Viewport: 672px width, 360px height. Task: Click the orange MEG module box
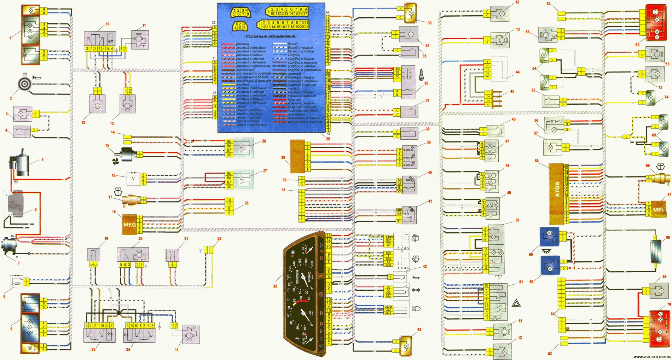click(127, 224)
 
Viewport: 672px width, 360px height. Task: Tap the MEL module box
click(659, 209)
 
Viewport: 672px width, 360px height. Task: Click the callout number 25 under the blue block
click(328, 139)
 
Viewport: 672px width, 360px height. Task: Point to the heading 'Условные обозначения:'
click(271, 36)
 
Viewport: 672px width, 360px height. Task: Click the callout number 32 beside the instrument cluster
click(275, 286)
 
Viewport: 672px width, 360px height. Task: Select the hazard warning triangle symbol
click(516, 303)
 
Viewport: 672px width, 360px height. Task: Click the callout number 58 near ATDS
click(537, 161)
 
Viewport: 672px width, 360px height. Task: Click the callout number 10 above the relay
click(108, 24)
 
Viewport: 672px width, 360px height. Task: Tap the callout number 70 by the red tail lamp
click(668, 304)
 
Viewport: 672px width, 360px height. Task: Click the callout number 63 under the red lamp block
click(637, 45)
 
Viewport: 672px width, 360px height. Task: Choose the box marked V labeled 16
click(133, 179)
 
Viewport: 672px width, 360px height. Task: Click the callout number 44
click(517, 72)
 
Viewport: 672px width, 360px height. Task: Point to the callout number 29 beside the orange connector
click(283, 158)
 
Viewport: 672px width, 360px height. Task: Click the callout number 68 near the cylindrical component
click(668, 238)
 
